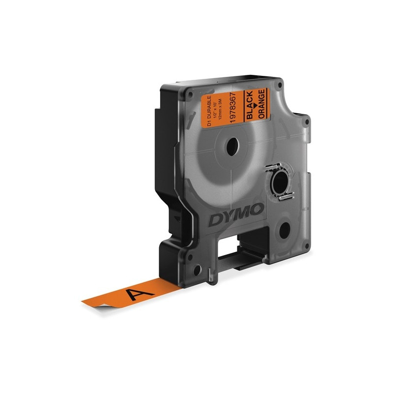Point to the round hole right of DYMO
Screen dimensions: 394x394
pos(285,230)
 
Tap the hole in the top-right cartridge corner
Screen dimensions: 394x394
pos(280,85)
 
